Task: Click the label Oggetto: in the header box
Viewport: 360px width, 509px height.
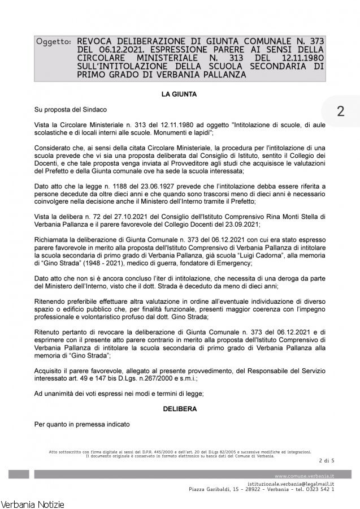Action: click(x=54, y=42)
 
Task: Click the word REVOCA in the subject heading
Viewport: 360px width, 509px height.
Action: click(x=95, y=42)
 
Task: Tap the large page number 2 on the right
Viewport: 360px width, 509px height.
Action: click(x=340, y=111)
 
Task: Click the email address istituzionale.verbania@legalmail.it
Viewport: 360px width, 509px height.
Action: click(x=290, y=484)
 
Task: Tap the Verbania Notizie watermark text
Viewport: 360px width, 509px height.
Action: click(x=33, y=503)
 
